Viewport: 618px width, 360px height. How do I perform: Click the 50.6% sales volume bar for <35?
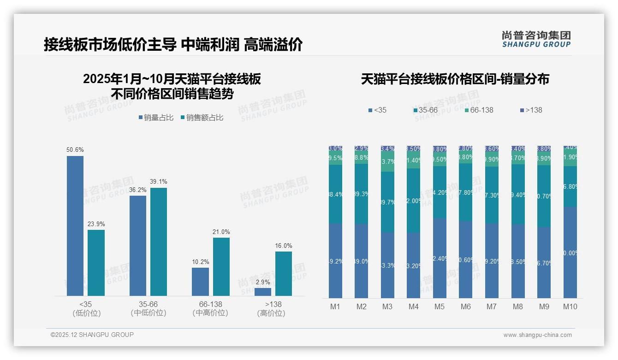tap(75, 226)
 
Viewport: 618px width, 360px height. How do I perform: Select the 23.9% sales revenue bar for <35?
tap(96, 263)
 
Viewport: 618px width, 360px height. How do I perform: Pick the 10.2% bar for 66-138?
tap(200, 282)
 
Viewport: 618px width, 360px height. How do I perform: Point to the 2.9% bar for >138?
tap(263, 292)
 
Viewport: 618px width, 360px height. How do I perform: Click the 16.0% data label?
tap(284, 246)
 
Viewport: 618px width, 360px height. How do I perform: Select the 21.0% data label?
tap(221, 232)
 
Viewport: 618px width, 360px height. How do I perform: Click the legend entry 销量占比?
tap(156, 118)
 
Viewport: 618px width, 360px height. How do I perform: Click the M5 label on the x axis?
tap(440, 306)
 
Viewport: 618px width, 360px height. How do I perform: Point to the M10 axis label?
tap(570, 306)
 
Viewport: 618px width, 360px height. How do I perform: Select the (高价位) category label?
tap(271, 313)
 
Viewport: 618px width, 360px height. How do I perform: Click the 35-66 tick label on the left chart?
tap(148, 304)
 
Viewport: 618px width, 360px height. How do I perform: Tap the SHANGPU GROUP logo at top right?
tap(536, 39)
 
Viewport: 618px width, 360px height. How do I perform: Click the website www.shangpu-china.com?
tap(537, 335)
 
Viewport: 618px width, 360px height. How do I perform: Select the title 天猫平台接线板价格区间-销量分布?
tap(455, 79)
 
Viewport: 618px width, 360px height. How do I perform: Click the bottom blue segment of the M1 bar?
tap(335, 261)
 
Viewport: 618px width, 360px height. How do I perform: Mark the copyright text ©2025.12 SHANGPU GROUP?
tap(92, 335)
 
